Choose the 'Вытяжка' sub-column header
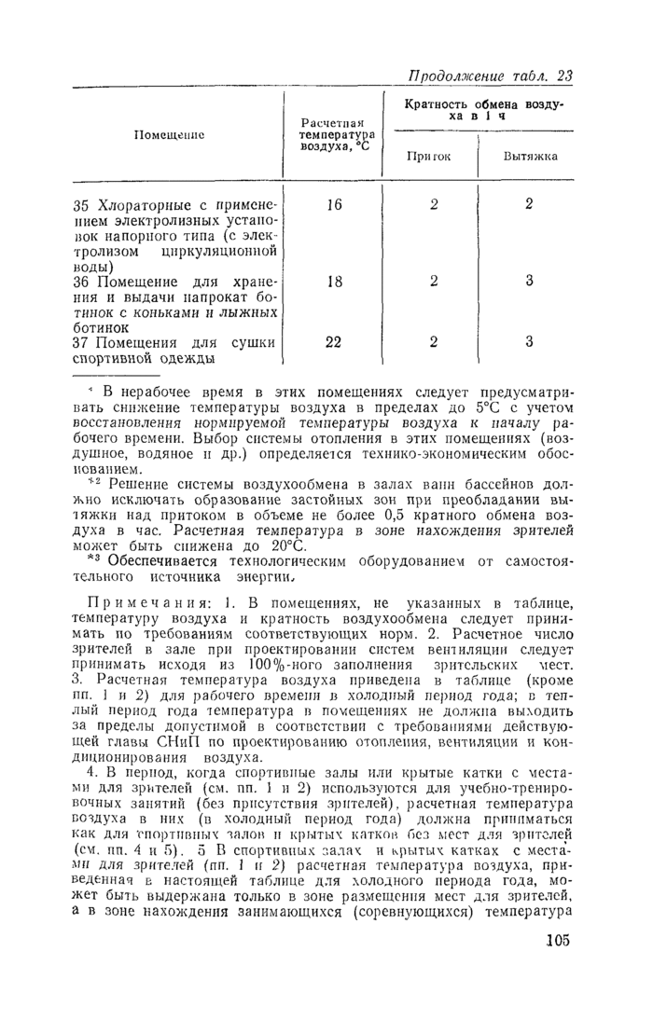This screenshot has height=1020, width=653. (x=530, y=156)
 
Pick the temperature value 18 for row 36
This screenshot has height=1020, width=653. (x=334, y=280)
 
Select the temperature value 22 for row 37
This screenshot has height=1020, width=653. (x=334, y=341)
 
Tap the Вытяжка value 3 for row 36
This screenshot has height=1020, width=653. (x=528, y=280)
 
